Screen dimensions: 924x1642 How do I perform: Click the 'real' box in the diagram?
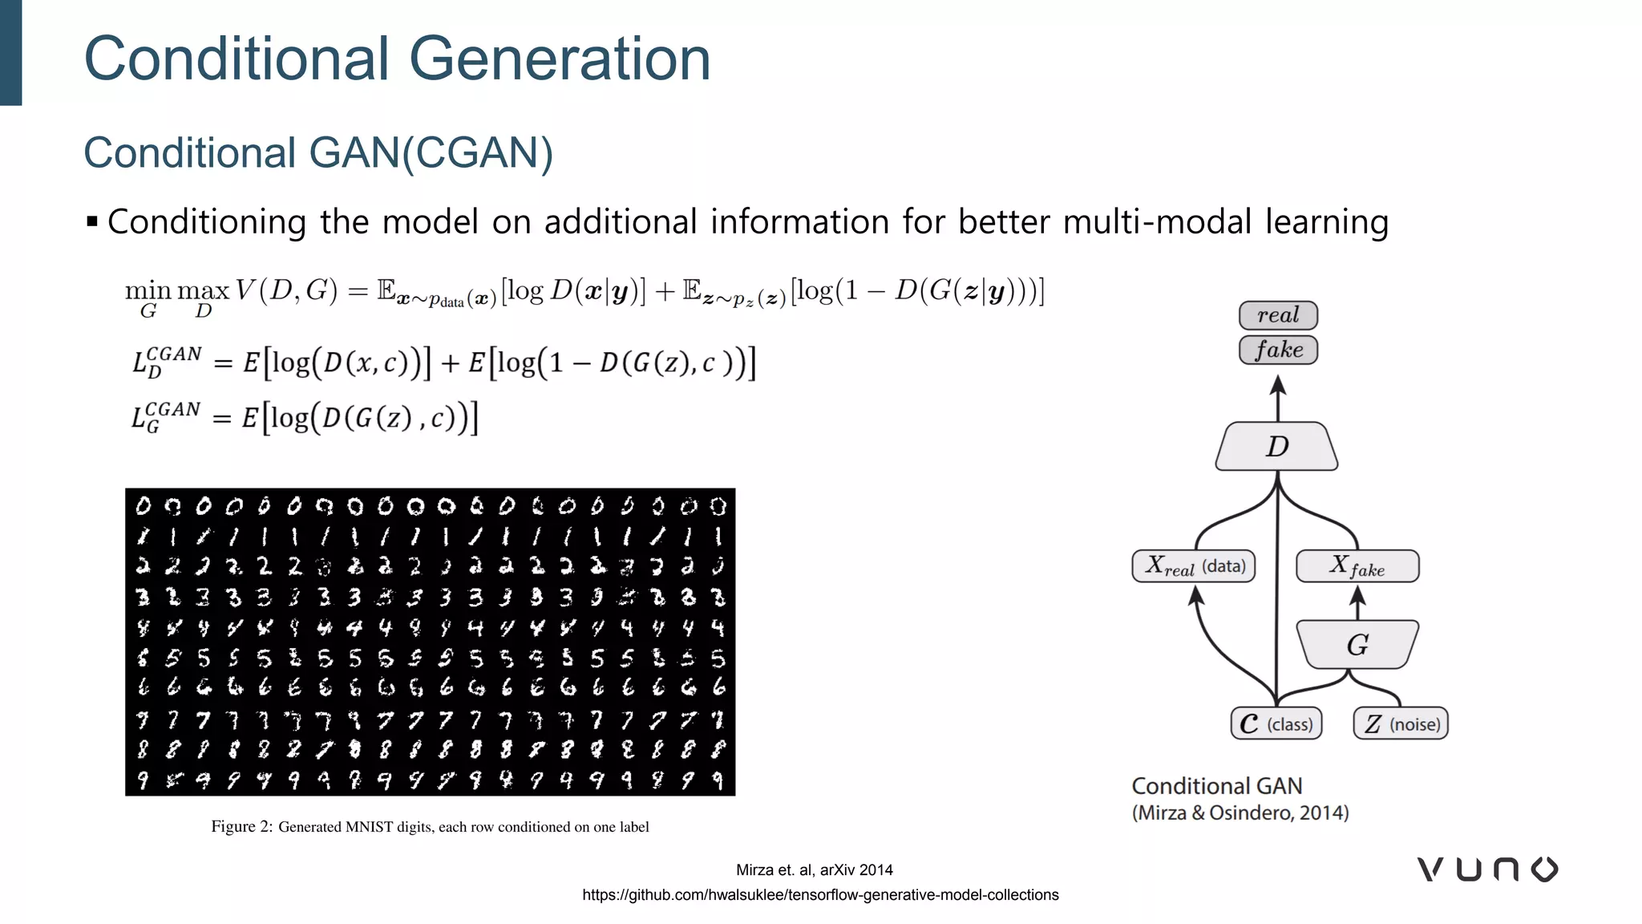click(x=1278, y=315)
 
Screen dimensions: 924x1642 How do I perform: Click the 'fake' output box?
click(x=1278, y=350)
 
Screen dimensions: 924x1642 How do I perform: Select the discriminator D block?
click(x=1276, y=446)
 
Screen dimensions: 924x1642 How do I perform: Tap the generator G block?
click(x=1357, y=645)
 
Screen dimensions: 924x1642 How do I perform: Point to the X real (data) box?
click(x=1193, y=566)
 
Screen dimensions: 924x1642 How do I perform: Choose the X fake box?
click(x=1357, y=566)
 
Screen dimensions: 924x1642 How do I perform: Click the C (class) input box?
click(x=1276, y=723)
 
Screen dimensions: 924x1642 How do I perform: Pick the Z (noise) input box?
click(x=1401, y=723)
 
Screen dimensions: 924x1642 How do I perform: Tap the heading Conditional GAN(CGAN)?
click(x=318, y=152)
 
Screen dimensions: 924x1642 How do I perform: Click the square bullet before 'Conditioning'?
click(x=92, y=221)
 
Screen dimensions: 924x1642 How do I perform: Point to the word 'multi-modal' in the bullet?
click(x=1157, y=221)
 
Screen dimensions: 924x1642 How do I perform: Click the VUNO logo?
click(x=1487, y=869)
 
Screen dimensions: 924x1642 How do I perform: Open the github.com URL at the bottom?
click(x=820, y=894)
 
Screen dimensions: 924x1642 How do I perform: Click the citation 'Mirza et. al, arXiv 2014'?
click(x=814, y=869)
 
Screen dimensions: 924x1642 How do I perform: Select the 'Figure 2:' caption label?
click(x=242, y=826)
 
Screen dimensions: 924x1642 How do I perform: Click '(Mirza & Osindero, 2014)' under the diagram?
click(x=1240, y=813)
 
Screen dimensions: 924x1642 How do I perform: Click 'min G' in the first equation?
click(x=148, y=298)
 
